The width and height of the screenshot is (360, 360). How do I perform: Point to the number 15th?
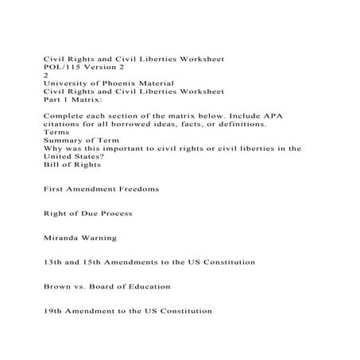[87, 261]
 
